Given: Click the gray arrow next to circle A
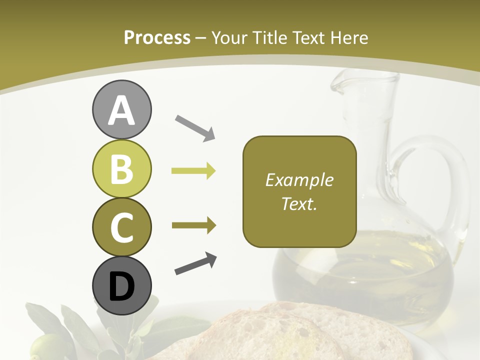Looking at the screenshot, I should coord(195,127).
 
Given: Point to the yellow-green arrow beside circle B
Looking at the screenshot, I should coord(193,171).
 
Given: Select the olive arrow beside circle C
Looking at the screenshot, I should coord(194,225).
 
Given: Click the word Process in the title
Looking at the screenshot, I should coord(157,37).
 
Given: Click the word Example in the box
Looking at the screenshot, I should coord(299,180).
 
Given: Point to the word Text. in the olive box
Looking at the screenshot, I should coord(299,203).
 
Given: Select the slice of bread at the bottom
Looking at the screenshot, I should coord(280,335).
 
